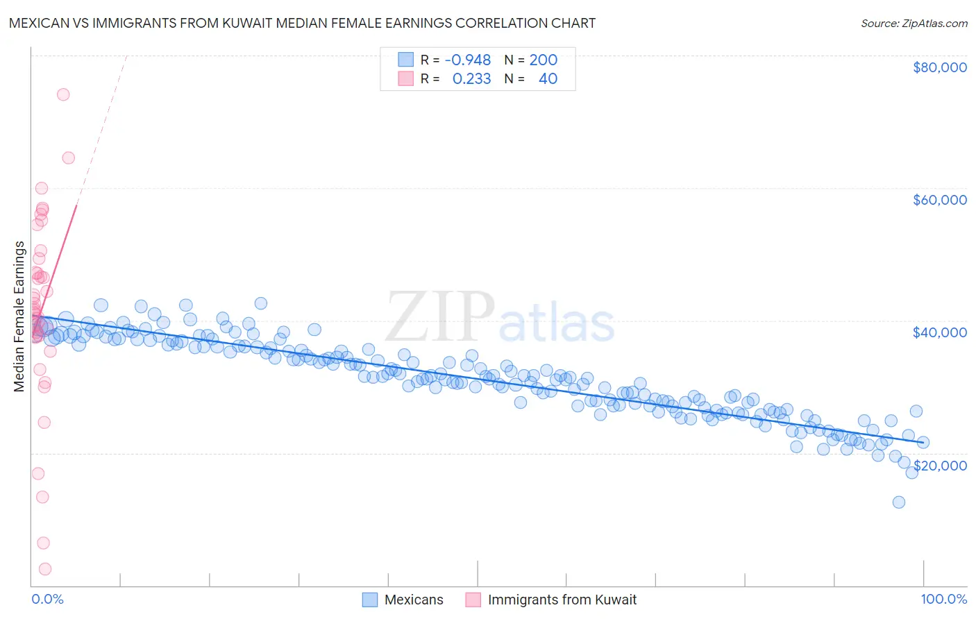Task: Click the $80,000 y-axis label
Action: [939, 67]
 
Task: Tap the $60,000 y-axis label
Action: [939, 200]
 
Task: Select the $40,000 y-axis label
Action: [939, 332]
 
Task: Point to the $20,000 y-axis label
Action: [939, 465]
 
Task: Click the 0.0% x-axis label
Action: [47, 599]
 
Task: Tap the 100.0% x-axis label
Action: [943, 599]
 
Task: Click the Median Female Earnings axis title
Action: [19, 316]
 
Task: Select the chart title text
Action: [302, 23]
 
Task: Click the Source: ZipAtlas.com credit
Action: [914, 23]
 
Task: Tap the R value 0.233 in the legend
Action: [471, 79]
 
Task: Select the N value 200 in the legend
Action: [543, 60]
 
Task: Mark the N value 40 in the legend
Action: [548, 79]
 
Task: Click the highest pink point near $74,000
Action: [63, 94]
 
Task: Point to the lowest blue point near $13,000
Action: [899, 502]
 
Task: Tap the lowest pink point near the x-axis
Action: [45, 569]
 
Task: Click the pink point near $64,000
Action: [69, 158]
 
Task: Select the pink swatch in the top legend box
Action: [405, 79]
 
